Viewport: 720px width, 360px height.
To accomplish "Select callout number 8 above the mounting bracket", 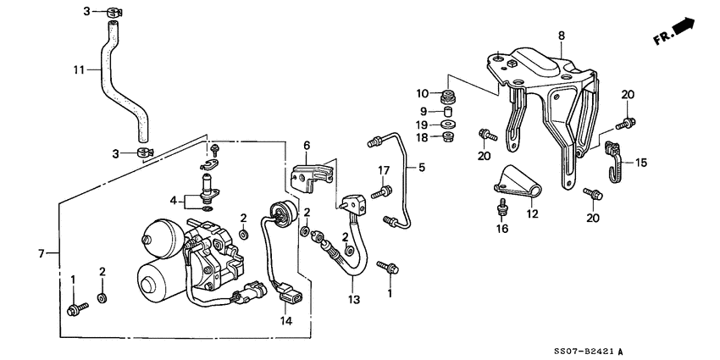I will pos(560,35).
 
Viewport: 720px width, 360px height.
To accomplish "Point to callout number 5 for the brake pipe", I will pos(420,168).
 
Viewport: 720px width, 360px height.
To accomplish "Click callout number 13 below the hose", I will pos(352,299).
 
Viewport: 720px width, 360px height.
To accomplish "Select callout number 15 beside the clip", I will pos(640,162).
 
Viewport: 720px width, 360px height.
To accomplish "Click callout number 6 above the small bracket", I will pos(307,145).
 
